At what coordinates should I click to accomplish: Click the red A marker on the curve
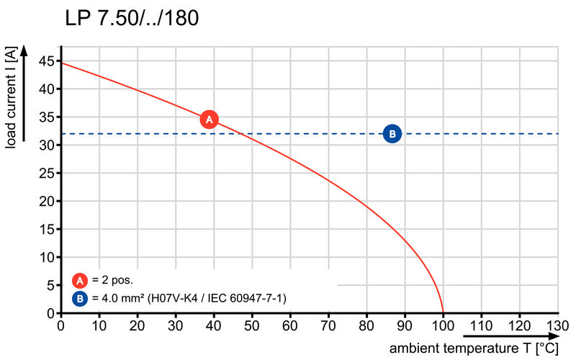coord(209,120)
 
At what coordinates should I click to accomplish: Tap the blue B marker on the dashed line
coord(392,133)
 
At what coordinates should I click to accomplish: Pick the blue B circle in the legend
coord(80,297)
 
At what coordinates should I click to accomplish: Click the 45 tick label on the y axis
coord(47,61)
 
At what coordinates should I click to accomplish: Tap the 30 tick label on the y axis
coord(47,145)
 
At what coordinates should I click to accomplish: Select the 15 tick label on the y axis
coord(47,230)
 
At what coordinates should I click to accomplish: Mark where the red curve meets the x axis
coord(443,313)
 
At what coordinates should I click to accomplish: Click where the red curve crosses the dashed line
coord(245,133)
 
